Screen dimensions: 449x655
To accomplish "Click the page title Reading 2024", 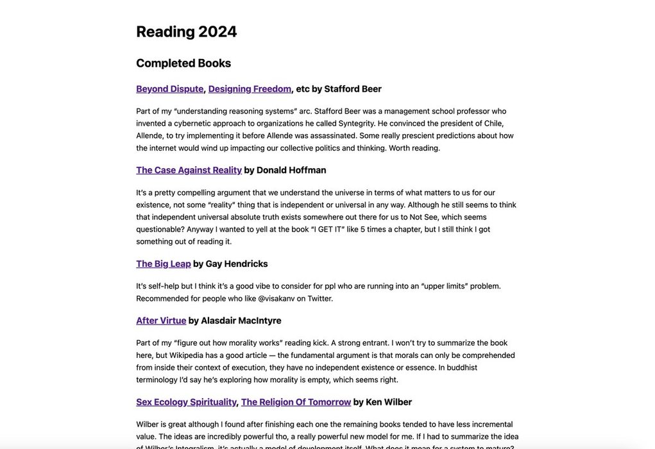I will coord(186,31).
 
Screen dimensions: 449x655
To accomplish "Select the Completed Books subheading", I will coord(183,63).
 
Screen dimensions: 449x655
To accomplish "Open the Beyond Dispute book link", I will coord(169,89).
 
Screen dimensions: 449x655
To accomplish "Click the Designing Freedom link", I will coord(250,89).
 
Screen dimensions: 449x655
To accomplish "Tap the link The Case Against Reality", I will coord(189,170).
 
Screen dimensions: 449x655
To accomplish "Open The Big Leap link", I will coord(164,264).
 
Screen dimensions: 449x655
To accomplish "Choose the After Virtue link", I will coord(161,320).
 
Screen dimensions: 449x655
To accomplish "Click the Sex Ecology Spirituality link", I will coord(186,402).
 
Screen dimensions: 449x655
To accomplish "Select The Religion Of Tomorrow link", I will coord(296,402).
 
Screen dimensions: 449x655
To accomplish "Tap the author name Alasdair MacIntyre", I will coord(241,320).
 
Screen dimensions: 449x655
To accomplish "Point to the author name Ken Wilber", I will coord(389,402).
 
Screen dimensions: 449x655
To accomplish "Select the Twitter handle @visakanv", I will coord(276,298).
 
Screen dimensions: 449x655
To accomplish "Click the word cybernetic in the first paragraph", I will coord(196,123).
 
